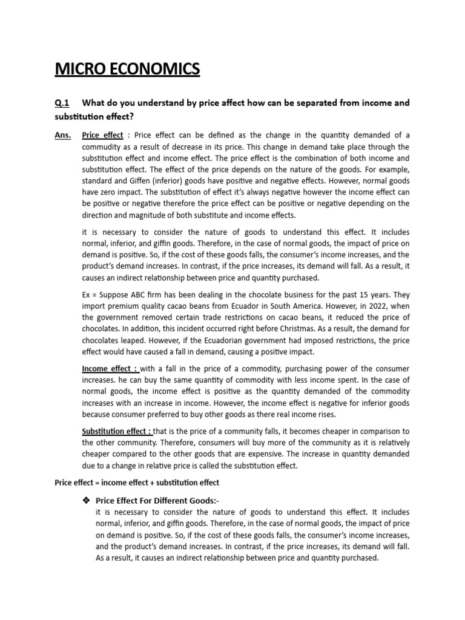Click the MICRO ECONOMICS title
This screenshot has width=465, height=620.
pyautogui.click(x=127, y=69)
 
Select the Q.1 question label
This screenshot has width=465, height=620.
pyautogui.click(x=62, y=103)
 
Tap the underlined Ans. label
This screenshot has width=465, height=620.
pyautogui.click(x=62, y=135)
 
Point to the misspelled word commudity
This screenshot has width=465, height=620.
pyautogui.click(x=103, y=147)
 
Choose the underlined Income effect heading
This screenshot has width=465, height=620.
pyautogui.click(x=109, y=369)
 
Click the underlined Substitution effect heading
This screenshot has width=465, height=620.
pyautogui.click(x=117, y=431)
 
